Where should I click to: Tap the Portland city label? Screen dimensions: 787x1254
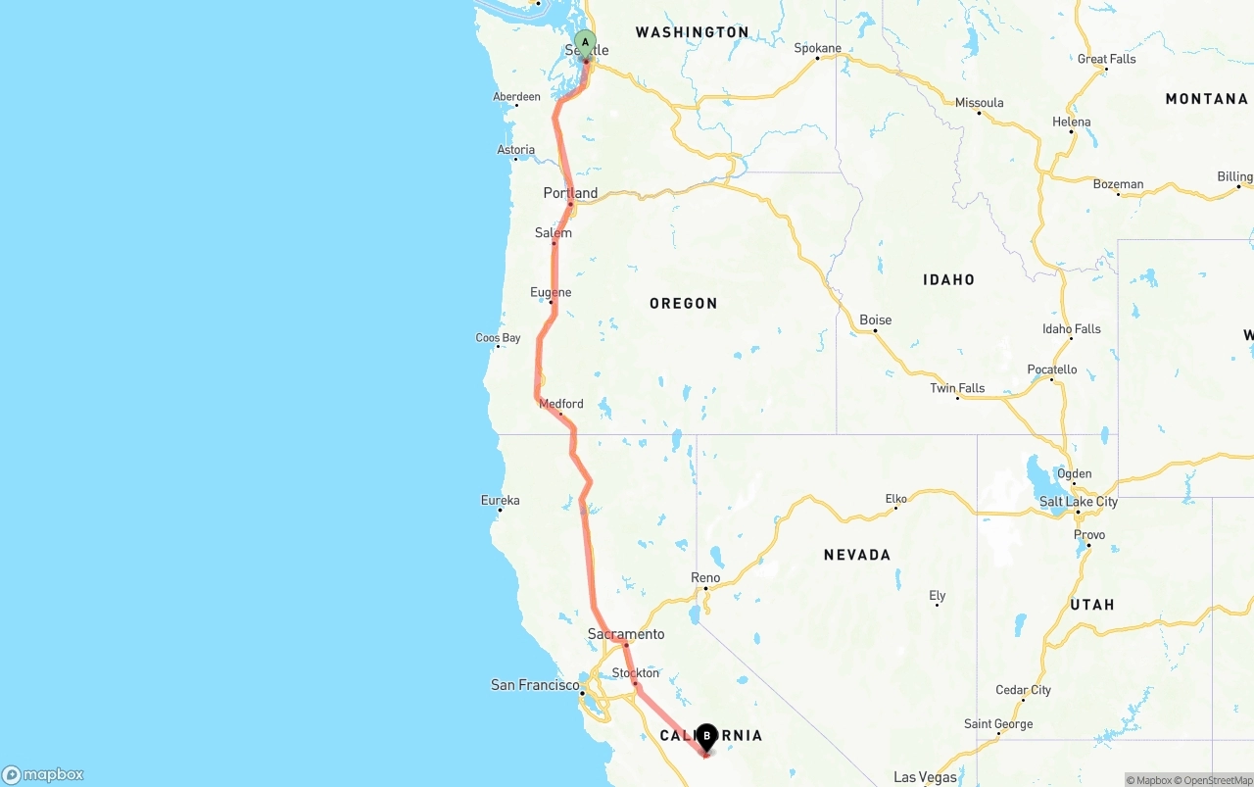point(570,193)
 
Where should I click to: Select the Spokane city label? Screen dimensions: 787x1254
point(817,48)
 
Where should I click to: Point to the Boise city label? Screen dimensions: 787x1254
point(875,320)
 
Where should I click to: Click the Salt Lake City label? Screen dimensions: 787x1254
point(1078,502)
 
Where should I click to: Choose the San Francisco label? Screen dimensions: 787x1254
point(535,685)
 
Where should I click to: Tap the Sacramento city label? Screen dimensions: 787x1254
point(626,634)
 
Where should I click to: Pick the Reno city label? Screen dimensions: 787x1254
point(705,577)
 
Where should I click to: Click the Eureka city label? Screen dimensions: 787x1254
point(500,500)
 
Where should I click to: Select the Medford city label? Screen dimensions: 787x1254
point(561,404)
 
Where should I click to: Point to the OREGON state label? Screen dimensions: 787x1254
point(684,304)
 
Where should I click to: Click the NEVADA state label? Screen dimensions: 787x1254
point(857,555)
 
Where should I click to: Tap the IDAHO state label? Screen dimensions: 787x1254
point(948,280)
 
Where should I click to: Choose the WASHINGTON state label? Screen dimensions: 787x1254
point(692,32)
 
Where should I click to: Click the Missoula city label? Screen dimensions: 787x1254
point(979,103)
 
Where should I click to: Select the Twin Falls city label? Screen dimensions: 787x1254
point(957,388)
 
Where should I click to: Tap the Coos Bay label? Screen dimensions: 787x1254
point(498,338)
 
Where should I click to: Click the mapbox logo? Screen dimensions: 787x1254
point(43,774)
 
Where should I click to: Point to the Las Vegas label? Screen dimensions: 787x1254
point(925,777)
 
